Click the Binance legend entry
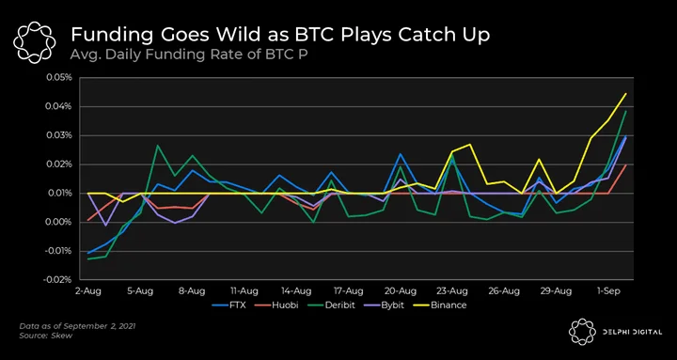tap(442, 305)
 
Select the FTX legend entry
tap(228, 305)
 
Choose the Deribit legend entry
tap(331, 305)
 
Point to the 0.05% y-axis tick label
tap(59, 78)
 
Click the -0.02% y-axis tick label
tap(57, 280)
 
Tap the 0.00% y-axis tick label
tap(59, 223)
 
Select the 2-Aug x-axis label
tap(88, 291)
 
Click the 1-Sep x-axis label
tap(608, 291)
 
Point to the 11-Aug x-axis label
tap(244, 291)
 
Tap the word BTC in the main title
tap(313, 35)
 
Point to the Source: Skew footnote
tap(46, 336)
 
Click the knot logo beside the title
tap(35, 42)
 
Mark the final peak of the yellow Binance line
tap(625, 93)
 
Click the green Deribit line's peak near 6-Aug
tap(158, 145)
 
